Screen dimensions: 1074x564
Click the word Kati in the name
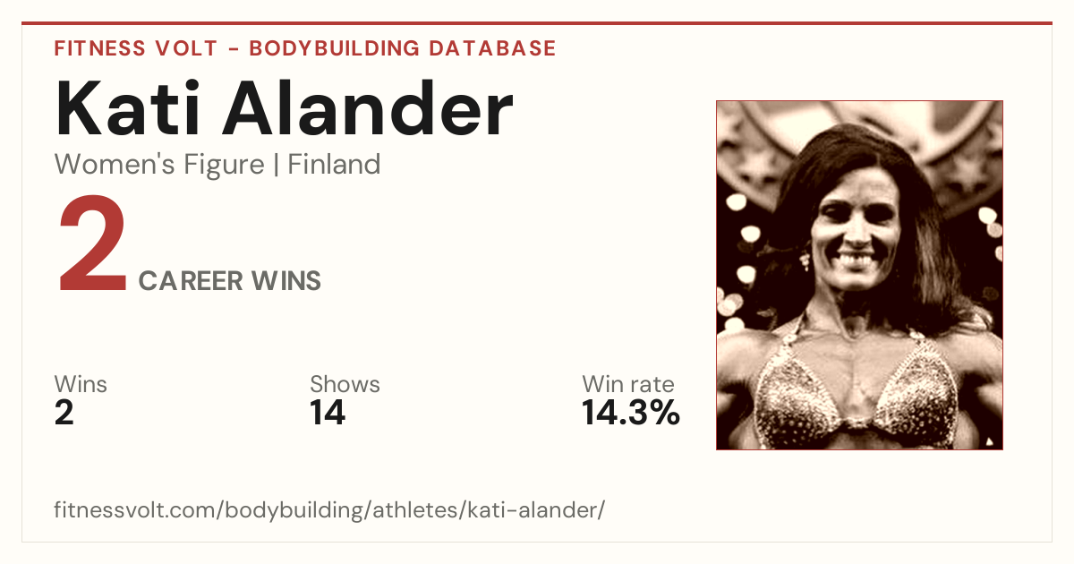(127, 108)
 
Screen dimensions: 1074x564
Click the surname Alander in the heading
(368, 108)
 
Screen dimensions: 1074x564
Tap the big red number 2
(92, 243)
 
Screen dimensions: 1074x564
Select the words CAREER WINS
(230, 281)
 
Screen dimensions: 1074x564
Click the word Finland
(334, 165)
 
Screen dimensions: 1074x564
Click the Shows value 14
(328, 413)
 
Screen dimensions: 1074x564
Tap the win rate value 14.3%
(631, 413)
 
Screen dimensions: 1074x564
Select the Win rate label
(628, 384)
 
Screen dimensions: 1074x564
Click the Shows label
(345, 384)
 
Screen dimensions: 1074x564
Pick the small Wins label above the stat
(81, 384)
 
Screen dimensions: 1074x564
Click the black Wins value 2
(64, 413)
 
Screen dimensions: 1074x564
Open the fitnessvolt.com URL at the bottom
(329, 510)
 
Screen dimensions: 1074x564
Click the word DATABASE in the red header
(492, 48)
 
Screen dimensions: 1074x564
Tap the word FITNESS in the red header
(99, 48)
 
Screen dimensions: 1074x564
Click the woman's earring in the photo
(805, 261)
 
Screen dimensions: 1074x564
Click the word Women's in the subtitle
(115, 165)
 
